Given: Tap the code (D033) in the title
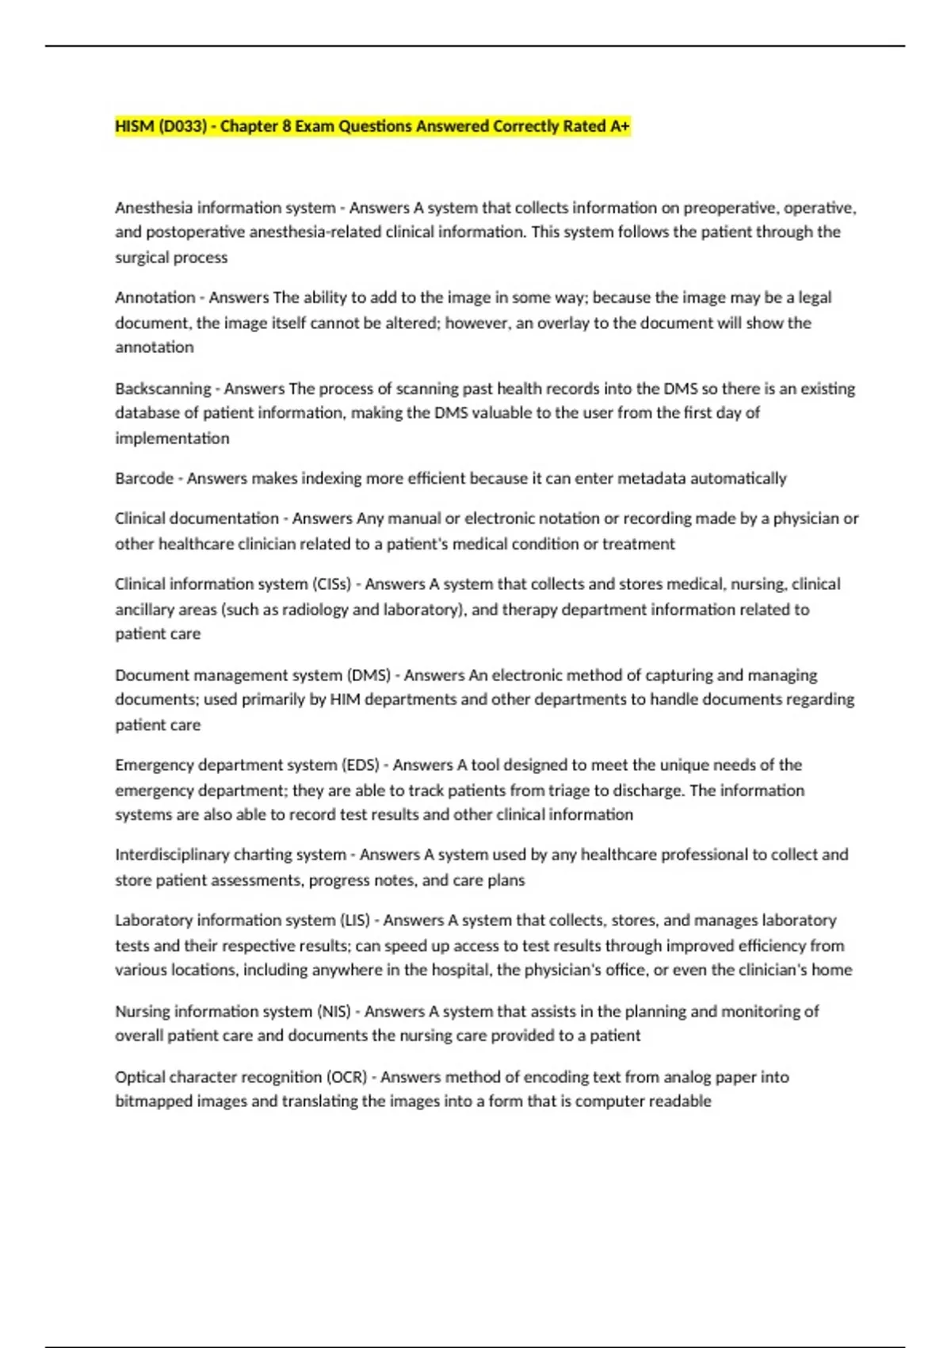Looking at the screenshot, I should (x=182, y=126).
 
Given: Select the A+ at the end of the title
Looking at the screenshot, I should (x=620, y=126).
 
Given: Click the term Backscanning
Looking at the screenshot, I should (x=162, y=389).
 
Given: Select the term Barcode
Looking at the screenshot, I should (x=143, y=478).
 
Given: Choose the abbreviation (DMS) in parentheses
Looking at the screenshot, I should (x=369, y=676).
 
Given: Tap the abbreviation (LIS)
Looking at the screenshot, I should (x=354, y=921).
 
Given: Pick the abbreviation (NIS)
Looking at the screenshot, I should (x=334, y=1012).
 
